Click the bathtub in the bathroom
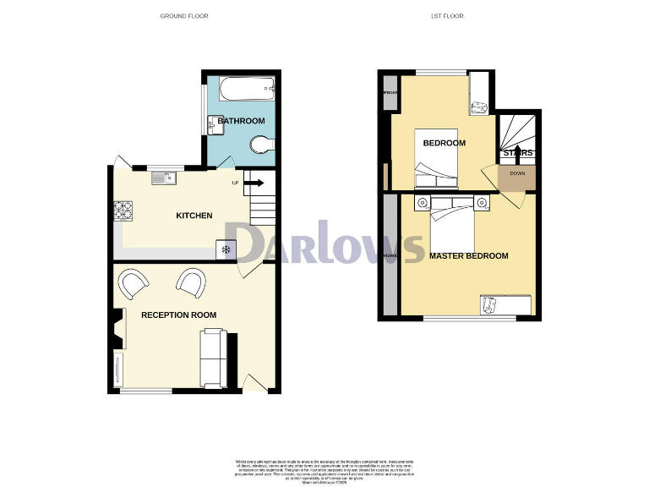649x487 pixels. tap(241, 88)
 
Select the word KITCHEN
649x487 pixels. tap(194, 216)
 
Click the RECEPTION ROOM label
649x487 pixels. tap(178, 315)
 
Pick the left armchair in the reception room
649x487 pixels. tap(134, 283)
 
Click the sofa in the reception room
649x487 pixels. tap(211, 355)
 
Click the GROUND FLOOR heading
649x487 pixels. tap(184, 16)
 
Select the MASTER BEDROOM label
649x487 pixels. tap(468, 256)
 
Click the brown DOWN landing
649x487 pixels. tap(516, 174)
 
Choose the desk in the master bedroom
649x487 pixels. tap(505, 304)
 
